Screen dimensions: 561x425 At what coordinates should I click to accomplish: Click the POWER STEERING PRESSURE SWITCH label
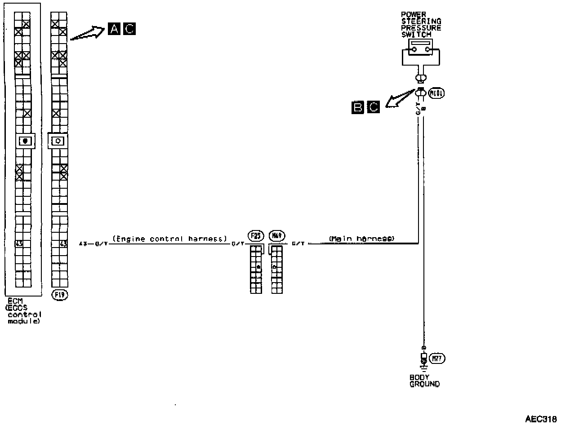click(x=421, y=24)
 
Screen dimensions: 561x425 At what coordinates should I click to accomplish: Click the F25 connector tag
click(x=255, y=235)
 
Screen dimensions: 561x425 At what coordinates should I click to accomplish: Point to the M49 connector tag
click(x=276, y=235)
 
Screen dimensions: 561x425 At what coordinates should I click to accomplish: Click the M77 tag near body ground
click(x=437, y=359)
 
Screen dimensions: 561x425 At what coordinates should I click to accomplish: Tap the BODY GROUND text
click(x=424, y=381)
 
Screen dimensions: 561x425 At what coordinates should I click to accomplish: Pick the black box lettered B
click(x=358, y=107)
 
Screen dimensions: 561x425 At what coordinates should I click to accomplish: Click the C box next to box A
click(x=129, y=29)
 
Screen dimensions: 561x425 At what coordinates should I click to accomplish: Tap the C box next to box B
click(x=373, y=107)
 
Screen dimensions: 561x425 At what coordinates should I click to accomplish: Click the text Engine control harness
click(x=169, y=239)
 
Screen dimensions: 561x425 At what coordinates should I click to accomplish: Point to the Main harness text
click(x=361, y=239)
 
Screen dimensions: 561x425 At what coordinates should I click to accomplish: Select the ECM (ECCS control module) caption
click(x=23, y=311)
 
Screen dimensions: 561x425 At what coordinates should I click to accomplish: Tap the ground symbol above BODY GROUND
click(x=423, y=363)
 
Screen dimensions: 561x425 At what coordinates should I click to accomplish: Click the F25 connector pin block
click(x=256, y=269)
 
